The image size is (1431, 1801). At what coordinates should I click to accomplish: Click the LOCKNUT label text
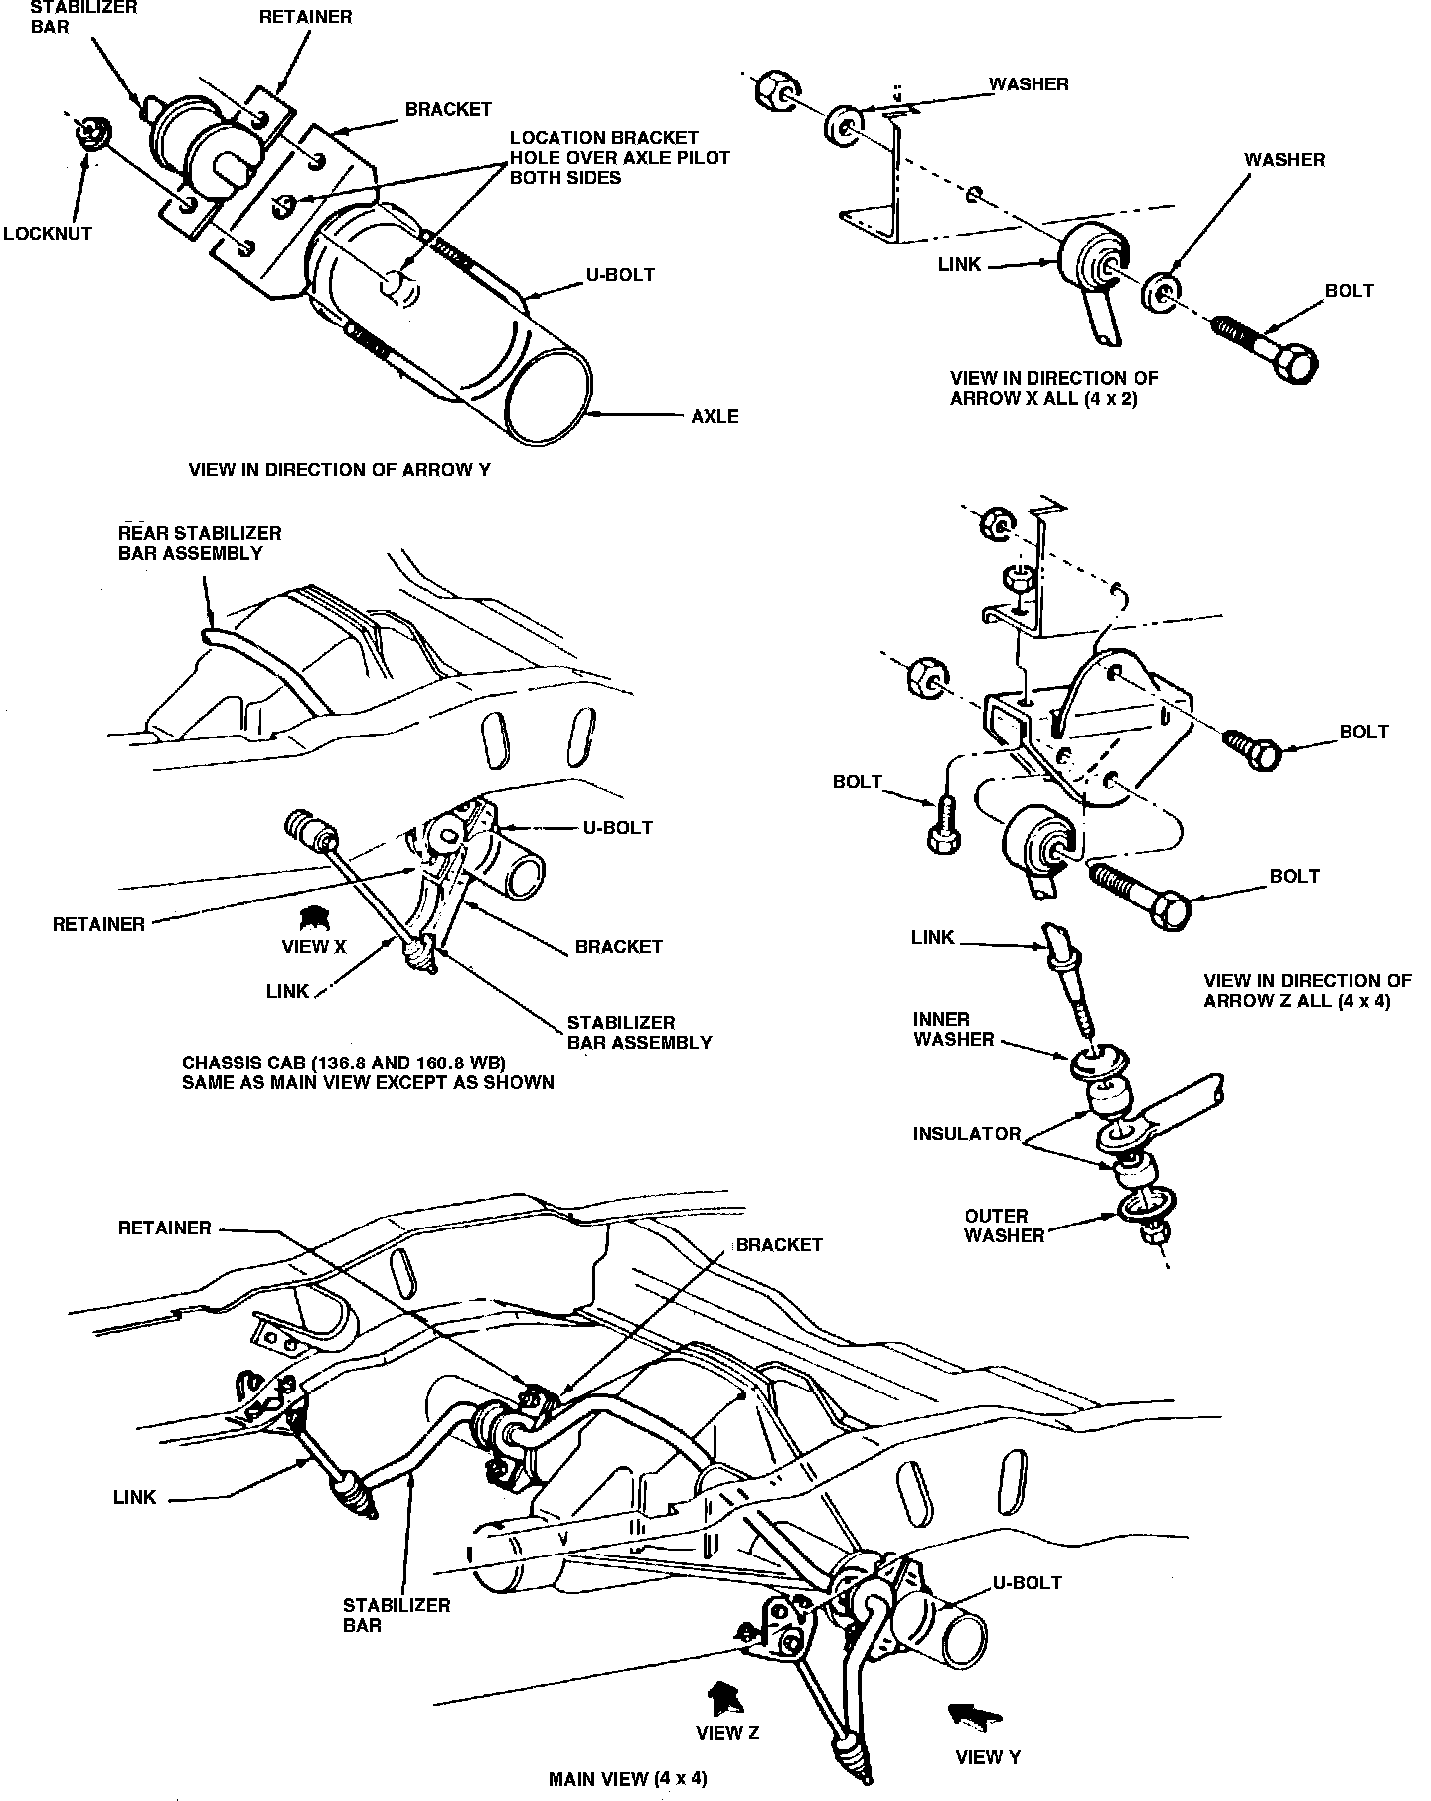47,234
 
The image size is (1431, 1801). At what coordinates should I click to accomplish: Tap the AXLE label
715,416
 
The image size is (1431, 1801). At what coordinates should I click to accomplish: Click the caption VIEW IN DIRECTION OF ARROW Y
339,470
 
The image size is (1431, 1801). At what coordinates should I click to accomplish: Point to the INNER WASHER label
954,1029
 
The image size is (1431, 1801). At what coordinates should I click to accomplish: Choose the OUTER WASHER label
1004,1226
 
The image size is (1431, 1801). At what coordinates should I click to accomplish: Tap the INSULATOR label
967,1134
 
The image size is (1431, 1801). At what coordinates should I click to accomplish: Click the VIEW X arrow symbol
314,915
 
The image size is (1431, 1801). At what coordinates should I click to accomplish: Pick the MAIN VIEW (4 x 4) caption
627,1779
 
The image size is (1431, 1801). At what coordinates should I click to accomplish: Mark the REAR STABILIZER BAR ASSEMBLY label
199,543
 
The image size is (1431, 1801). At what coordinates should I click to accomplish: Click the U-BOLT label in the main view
1027,1582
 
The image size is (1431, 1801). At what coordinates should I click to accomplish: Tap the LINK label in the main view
134,1497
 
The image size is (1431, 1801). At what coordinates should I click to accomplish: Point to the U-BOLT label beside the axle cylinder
620,274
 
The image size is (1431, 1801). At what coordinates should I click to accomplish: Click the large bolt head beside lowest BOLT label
1173,908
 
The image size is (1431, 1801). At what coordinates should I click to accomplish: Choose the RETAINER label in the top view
305,17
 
